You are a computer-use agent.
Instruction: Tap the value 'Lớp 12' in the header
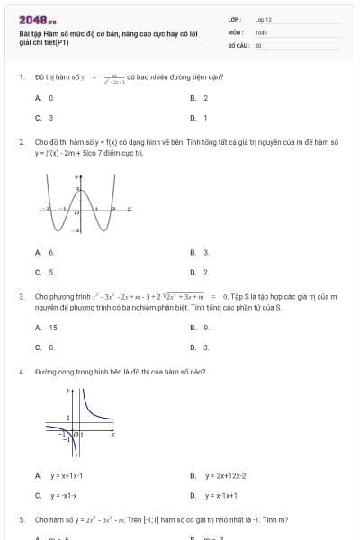pos(264,18)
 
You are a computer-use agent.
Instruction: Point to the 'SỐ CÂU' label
pos(238,44)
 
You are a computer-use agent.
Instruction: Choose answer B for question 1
pos(200,97)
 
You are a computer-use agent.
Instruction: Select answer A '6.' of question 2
pos(46,252)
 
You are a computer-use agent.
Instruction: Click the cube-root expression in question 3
pos(185,295)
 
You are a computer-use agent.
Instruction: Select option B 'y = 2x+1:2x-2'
pos(218,475)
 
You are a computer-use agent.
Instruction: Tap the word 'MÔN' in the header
pos(233,31)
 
